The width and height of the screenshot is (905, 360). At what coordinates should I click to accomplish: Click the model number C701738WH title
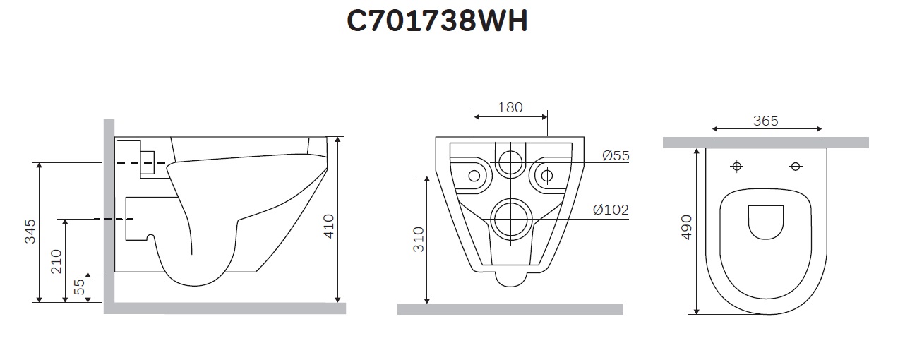(437, 21)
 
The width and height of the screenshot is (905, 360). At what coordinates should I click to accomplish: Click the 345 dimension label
(30, 232)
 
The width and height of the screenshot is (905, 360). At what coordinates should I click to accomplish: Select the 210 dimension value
(56, 261)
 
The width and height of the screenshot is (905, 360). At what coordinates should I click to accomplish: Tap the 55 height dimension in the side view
(80, 287)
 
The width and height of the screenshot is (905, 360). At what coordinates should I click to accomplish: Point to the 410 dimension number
(329, 227)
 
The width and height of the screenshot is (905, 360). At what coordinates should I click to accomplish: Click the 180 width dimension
(510, 107)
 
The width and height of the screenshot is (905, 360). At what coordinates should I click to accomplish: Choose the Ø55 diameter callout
(616, 155)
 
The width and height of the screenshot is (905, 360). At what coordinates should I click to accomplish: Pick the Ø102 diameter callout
(611, 210)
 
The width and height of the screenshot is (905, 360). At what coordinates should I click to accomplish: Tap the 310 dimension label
(419, 239)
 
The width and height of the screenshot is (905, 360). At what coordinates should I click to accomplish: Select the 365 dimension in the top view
(766, 121)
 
